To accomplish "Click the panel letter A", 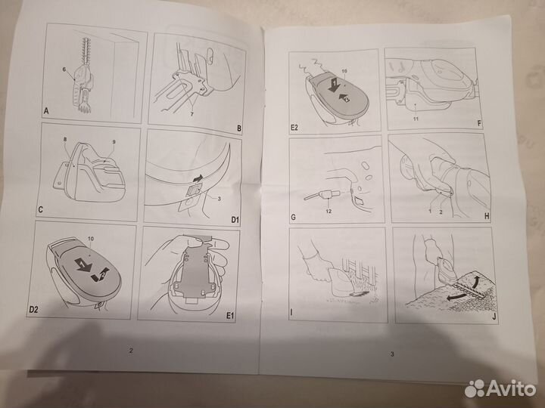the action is (x=46, y=111).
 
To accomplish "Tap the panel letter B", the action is (x=239, y=128).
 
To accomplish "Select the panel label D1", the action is (x=235, y=220).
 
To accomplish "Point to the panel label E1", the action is (x=230, y=316).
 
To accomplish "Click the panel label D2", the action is (x=33, y=310).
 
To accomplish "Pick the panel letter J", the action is (x=494, y=317).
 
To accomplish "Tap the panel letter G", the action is (x=294, y=217).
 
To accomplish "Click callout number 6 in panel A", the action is (x=64, y=70).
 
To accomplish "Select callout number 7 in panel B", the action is (x=192, y=114).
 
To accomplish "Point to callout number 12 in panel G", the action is (x=329, y=211).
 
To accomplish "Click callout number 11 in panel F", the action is (x=416, y=119).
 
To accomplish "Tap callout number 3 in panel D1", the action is (x=219, y=199).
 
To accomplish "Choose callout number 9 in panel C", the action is (x=114, y=142).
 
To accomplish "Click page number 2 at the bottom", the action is (x=131, y=351).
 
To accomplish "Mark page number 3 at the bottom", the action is (x=392, y=354).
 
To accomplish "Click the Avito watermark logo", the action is (x=500, y=388).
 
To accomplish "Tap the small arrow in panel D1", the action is (x=198, y=178).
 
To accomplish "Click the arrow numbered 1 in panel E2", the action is (x=334, y=85).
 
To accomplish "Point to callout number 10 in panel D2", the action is (x=91, y=239).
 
